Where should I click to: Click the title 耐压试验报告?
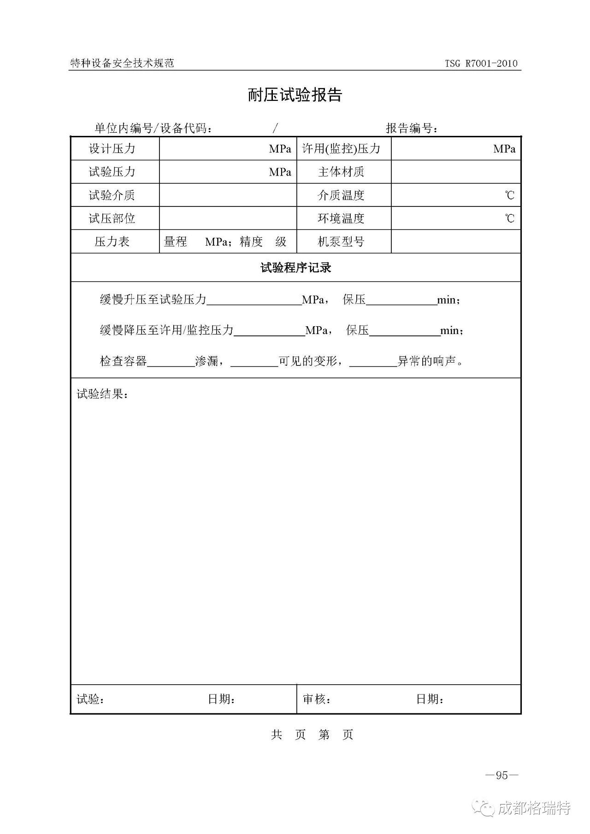[295, 95]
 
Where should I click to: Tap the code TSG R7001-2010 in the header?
[481, 64]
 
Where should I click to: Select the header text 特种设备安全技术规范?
[122, 63]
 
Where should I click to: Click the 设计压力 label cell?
[112, 149]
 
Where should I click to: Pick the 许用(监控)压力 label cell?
[341, 149]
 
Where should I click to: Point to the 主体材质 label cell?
[341, 172]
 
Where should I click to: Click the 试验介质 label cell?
[112, 195]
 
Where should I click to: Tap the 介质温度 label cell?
[341, 195]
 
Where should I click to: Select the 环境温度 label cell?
[341, 218]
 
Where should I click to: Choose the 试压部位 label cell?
[112, 218]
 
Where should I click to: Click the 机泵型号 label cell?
[341, 241]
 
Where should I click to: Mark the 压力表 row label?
[112, 241]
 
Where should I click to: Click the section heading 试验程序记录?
[295, 268]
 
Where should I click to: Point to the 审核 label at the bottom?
[317, 699]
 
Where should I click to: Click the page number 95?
[501, 775]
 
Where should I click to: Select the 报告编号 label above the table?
[412, 128]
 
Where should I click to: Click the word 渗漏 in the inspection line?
[207, 361]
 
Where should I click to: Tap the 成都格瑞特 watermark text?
[534, 808]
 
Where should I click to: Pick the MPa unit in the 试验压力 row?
[280, 172]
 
